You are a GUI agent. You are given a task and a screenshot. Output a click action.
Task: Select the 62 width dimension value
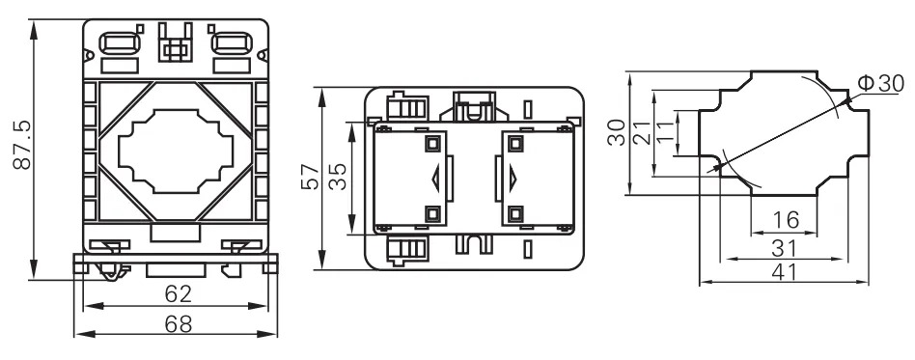click(177, 291)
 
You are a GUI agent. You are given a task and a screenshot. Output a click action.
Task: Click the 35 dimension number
click(337, 178)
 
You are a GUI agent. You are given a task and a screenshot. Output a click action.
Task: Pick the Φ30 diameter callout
click(879, 84)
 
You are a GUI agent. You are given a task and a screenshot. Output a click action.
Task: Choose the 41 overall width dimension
click(785, 272)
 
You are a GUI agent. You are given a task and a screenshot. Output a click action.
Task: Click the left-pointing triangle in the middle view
click(435, 178)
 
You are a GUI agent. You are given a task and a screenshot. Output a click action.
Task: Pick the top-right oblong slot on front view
click(230, 44)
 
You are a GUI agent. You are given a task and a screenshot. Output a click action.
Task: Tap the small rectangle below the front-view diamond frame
click(175, 233)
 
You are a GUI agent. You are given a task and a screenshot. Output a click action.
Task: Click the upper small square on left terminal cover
click(431, 143)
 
